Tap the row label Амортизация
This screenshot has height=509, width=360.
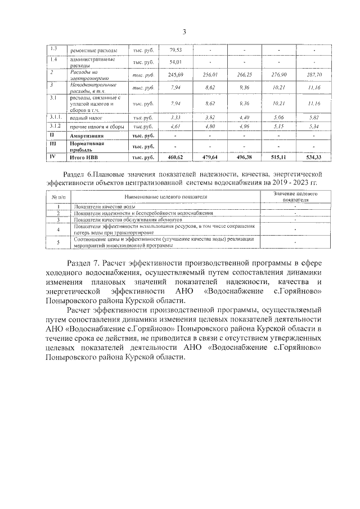point(86,136)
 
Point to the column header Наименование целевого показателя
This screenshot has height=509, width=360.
point(163,197)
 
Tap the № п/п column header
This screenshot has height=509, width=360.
point(58,197)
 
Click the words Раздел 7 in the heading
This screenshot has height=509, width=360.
point(85,263)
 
